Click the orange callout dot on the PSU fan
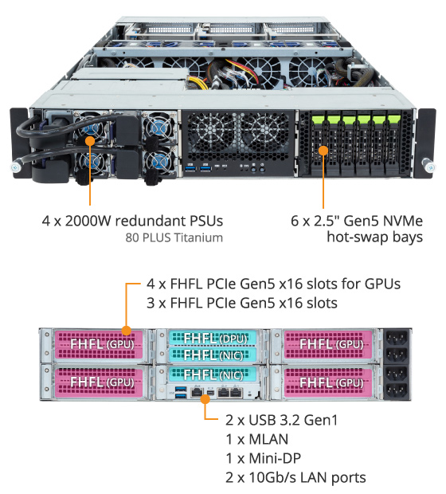[x=90, y=141]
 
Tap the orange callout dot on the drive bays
[x=323, y=151]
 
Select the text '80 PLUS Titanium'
[x=174, y=237]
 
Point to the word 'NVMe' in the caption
[x=403, y=221]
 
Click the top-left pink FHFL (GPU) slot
[x=99, y=344]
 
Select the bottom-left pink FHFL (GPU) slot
[x=99, y=382]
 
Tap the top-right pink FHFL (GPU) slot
[x=328, y=344]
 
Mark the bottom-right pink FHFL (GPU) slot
[x=328, y=382]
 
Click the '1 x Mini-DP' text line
[x=264, y=458]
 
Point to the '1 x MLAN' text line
[x=257, y=439]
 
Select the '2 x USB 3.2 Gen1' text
[x=282, y=420]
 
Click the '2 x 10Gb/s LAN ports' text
[x=295, y=477]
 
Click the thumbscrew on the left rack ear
[x=17, y=167]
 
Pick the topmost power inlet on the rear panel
[x=395, y=339]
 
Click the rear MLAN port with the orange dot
[x=197, y=393]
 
